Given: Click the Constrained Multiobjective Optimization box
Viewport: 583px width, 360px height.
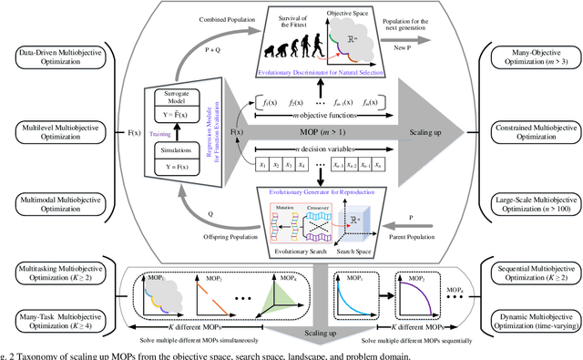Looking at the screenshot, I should click(x=529, y=134).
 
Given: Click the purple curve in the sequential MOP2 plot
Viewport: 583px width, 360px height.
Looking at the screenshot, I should click(x=420, y=302).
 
